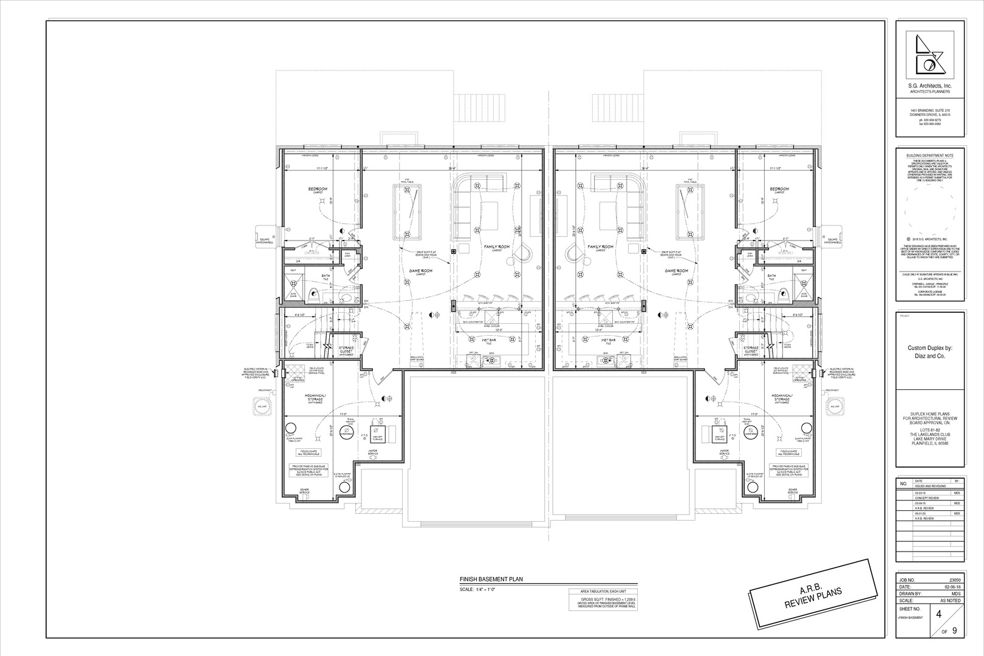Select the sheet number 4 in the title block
coord(938,614)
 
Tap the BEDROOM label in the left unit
coord(317,190)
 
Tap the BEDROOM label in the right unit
coord(779,190)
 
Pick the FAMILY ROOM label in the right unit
coord(600,247)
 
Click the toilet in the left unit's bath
coord(313,296)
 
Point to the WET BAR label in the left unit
coord(489,340)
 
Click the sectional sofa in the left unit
coord(480,200)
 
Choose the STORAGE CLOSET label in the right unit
coord(750,350)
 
